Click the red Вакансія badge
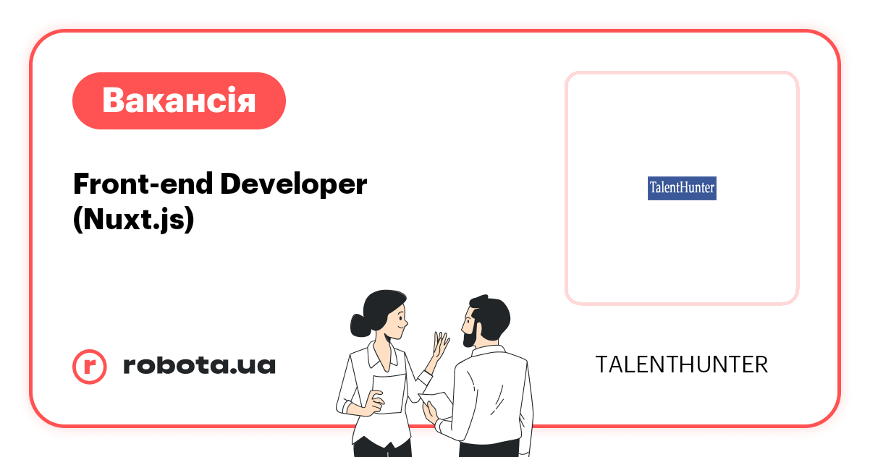(x=179, y=101)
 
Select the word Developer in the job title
(x=293, y=185)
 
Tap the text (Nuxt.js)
(x=134, y=219)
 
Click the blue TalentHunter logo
(x=681, y=189)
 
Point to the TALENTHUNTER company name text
(x=681, y=364)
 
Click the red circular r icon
(x=90, y=366)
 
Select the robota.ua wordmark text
(x=199, y=365)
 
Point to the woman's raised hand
(x=439, y=346)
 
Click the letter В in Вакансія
(x=114, y=101)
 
